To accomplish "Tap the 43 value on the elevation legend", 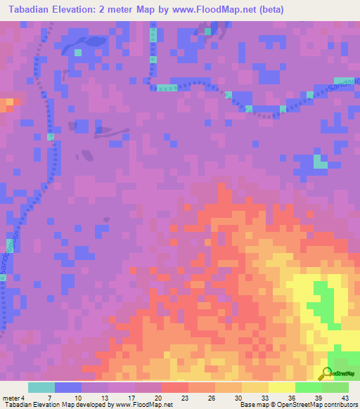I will click(x=345, y=398).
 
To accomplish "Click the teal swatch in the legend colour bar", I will click(x=41, y=387).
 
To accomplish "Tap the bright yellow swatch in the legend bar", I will click(x=281, y=387).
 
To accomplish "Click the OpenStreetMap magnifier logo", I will click(x=326, y=375).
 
